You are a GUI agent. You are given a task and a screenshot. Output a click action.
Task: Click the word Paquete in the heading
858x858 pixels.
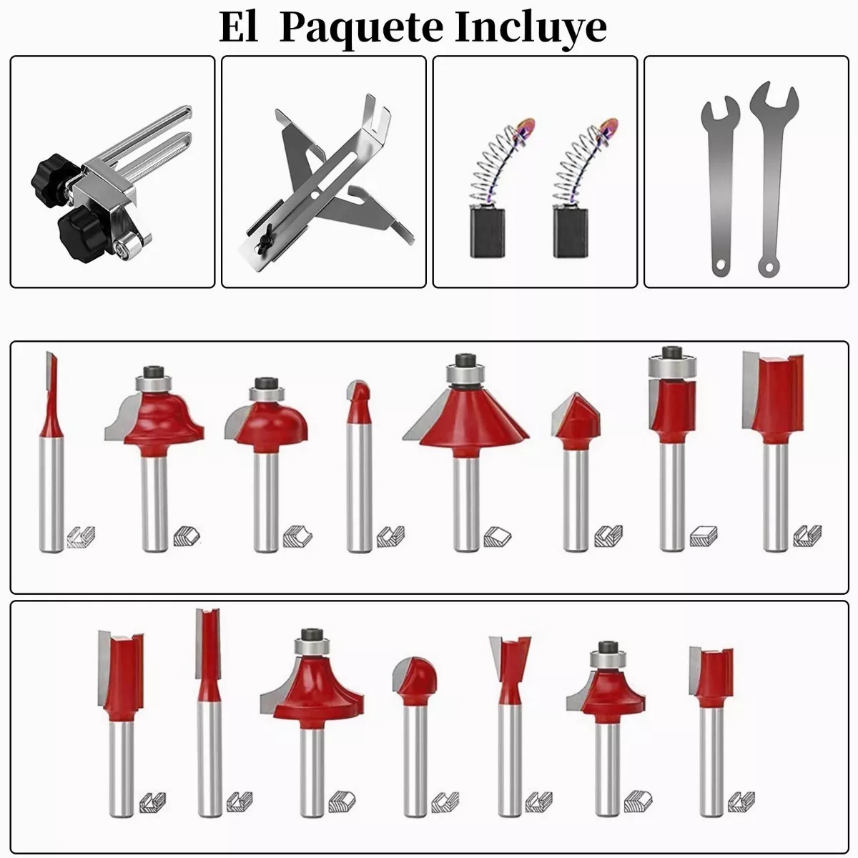[361, 29]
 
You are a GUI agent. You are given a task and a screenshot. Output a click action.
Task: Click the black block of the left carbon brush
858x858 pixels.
[488, 233]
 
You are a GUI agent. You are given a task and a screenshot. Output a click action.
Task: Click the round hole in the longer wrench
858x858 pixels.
[769, 267]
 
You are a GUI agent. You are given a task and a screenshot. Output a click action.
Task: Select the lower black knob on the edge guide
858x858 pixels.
[82, 231]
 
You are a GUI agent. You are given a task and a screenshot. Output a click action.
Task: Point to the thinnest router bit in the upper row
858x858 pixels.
[51, 452]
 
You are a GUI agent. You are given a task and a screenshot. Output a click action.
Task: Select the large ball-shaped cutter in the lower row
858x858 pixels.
[415, 679]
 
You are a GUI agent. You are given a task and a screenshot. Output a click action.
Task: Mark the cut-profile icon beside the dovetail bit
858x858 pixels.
[538, 803]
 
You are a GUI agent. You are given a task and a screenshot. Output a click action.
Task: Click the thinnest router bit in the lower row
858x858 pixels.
[209, 712]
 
